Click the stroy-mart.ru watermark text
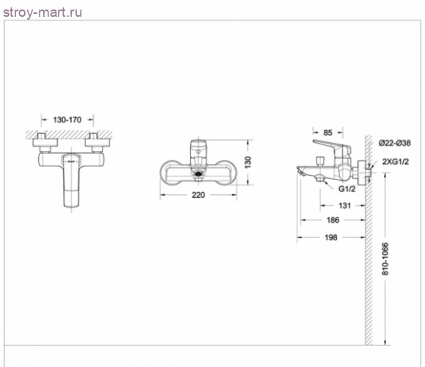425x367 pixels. click(42, 12)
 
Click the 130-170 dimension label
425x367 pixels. click(67, 119)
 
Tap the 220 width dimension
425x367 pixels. click(199, 195)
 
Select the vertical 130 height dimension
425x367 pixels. click(248, 163)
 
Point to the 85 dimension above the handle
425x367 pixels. click(328, 133)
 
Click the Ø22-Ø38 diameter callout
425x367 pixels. click(395, 143)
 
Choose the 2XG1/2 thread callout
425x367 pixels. click(396, 162)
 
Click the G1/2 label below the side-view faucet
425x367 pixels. click(347, 189)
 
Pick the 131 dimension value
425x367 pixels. click(344, 205)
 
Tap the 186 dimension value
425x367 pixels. click(333, 220)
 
